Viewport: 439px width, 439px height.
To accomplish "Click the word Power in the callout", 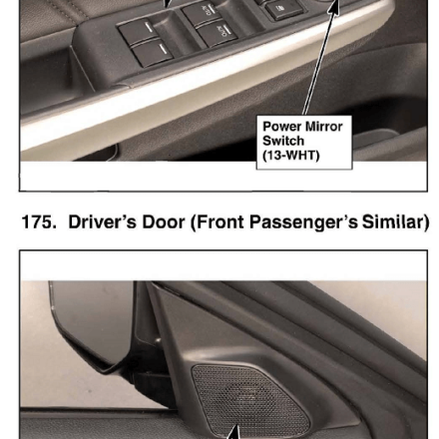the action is (x=281, y=127).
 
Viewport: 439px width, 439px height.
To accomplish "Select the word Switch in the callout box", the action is (x=283, y=141).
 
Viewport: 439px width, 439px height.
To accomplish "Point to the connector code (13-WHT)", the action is (x=291, y=156).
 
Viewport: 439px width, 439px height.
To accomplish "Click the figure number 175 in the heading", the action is (x=39, y=221).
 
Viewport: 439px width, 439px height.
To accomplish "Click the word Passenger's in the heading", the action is (x=303, y=222).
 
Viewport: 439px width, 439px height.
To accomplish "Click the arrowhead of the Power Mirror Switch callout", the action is (x=334, y=7).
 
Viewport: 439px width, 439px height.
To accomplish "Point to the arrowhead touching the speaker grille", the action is (x=234, y=432).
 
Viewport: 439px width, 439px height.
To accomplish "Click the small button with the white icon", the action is (x=284, y=9).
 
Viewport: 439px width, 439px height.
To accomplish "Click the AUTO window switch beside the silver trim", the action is (x=218, y=33).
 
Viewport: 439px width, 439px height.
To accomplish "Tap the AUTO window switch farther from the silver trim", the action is (x=203, y=13).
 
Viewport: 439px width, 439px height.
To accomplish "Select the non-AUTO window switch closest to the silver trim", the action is (x=153, y=54).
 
